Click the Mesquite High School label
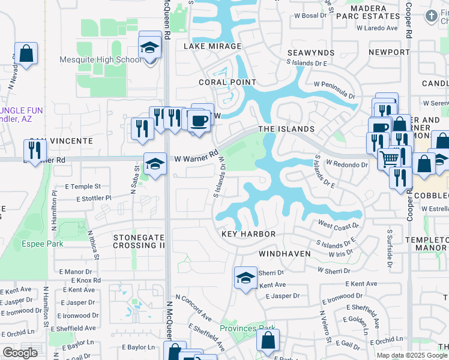[x=101, y=59]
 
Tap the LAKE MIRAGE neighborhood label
[x=212, y=46]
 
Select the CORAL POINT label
[x=228, y=82]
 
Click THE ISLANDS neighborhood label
[x=286, y=129]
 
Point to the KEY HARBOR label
[x=249, y=234]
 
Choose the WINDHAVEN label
[x=285, y=254]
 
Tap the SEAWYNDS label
[x=310, y=53]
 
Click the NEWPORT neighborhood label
[x=388, y=52]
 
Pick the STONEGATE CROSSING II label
[x=139, y=242]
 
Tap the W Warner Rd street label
[x=195, y=157]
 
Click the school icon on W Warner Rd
[x=155, y=164]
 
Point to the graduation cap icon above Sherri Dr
[x=245, y=278]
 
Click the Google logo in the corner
[x=20, y=353]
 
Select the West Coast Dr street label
[x=338, y=226]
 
